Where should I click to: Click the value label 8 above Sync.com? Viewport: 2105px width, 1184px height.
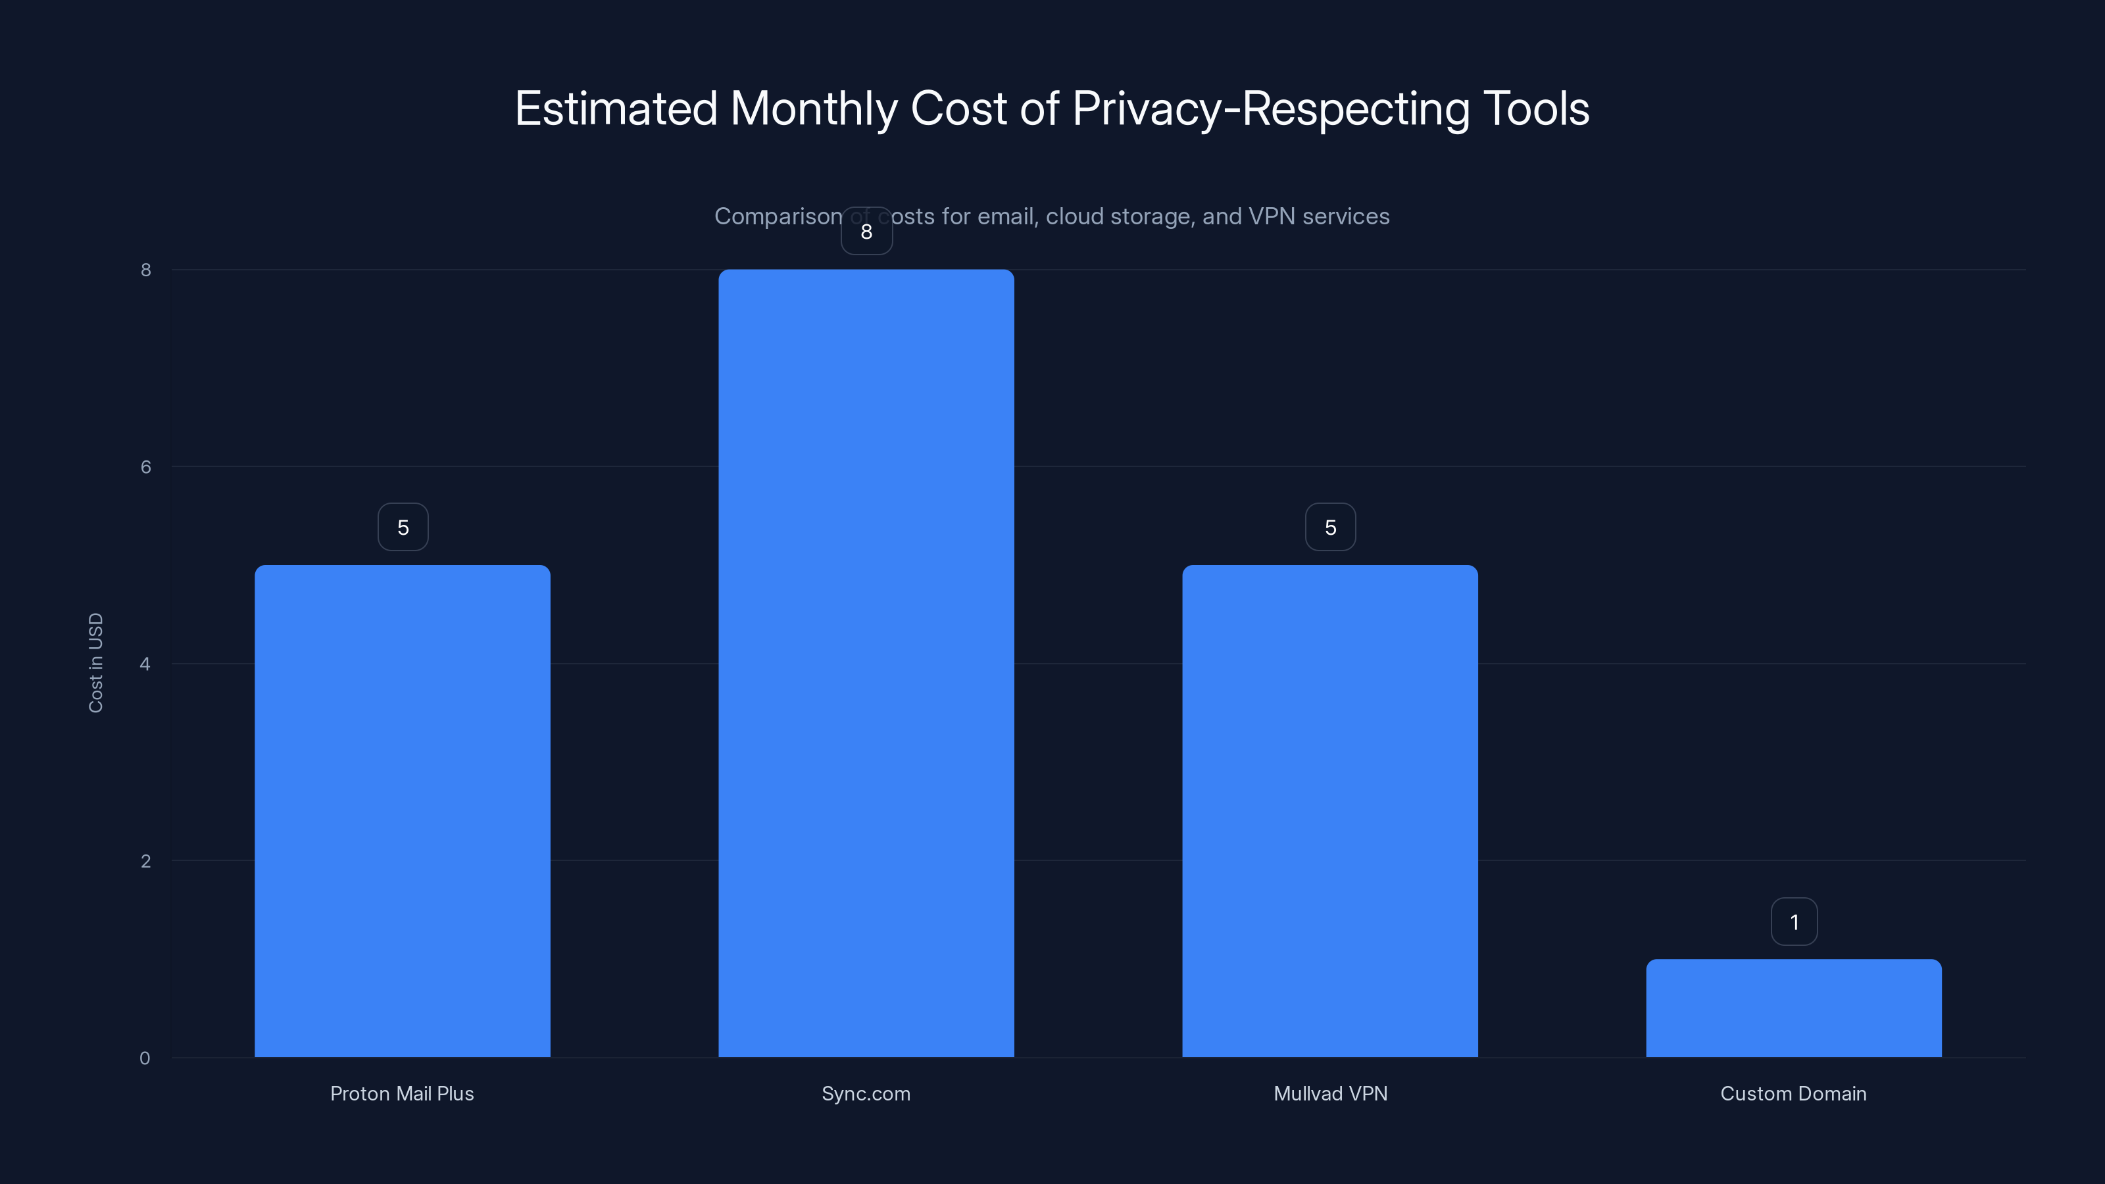click(866, 232)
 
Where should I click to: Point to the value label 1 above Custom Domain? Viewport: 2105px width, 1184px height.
click(1794, 922)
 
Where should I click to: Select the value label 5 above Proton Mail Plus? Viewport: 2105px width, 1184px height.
click(403, 527)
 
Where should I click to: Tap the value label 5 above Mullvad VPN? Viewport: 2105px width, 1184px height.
click(1330, 527)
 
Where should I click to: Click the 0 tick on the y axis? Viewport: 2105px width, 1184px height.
click(145, 1058)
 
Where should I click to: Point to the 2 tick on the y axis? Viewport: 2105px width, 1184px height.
click(145, 860)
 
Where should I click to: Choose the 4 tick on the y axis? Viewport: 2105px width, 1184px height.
click(145, 664)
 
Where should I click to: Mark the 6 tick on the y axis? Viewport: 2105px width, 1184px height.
click(145, 466)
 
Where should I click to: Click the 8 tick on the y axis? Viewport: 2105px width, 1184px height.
click(145, 270)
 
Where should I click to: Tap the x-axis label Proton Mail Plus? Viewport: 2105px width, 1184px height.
click(402, 1093)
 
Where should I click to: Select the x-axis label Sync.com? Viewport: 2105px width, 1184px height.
click(866, 1093)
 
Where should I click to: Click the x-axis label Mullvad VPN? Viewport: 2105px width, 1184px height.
click(1330, 1093)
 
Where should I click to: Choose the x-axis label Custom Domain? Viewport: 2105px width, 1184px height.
click(1794, 1093)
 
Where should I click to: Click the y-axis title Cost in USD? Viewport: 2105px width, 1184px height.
click(95, 662)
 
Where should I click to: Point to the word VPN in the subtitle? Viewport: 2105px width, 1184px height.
click(1272, 216)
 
